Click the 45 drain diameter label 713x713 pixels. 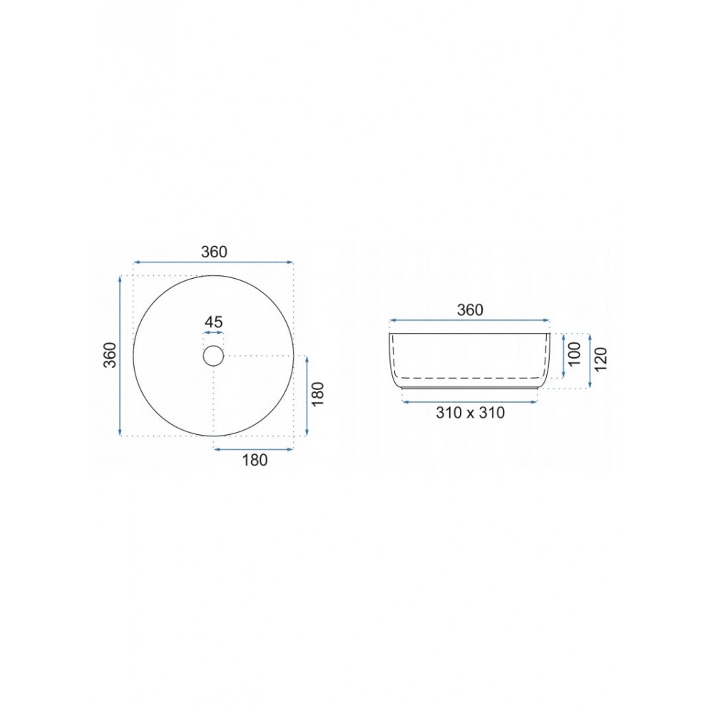(x=213, y=322)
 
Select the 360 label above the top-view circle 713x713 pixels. (x=214, y=252)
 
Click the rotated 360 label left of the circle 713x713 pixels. (x=111, y=354)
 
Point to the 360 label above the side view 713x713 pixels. (x=470, y=310)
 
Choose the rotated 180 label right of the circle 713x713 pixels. (x=317, y=394)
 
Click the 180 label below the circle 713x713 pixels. (x=255, y=460)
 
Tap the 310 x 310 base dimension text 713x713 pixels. (x=470, y=413)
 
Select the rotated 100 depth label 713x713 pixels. (x=575, y=354)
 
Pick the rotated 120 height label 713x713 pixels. (x=600, y=359)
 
